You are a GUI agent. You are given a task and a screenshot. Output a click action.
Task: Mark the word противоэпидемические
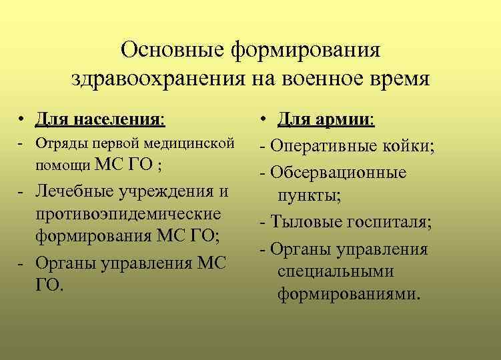[x=127, y=215]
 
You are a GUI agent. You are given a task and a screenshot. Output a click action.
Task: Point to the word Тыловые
[x=303, y=223]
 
